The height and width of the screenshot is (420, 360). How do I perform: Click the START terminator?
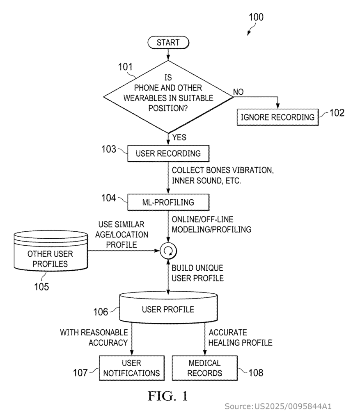click(x=168, y=43)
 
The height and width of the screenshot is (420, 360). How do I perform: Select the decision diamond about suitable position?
click(x=168, y=97)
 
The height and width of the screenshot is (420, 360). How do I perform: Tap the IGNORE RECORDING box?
click(x=277, y=117)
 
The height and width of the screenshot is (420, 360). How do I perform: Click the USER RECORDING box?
click(x=168, y=153)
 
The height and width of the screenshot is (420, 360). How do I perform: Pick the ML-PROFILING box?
click(x=168, y=202)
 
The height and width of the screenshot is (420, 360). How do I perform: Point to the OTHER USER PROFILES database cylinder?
click(x=50, y=251)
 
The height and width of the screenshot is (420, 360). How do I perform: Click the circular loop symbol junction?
click(x=168, y=251)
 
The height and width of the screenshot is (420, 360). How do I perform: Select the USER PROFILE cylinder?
click(x=168, y=308)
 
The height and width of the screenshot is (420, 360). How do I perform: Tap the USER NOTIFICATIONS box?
click(x=132, y=368)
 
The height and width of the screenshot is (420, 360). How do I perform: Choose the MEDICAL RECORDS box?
click(x=204, y=368)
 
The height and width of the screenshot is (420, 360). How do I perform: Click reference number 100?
click(x=256, y=17)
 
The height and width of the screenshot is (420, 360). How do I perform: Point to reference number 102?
click(x=337, y=113)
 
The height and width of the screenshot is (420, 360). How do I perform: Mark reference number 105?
click(x=41, y=287)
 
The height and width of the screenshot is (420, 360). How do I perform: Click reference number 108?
click(x=256, y=372)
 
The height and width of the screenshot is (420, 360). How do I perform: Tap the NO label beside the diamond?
click(x=238, y=92)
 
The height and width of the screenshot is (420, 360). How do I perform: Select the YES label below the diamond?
click(x=179, y=137)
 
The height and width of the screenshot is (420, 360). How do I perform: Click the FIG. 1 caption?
click(x=168, y=396)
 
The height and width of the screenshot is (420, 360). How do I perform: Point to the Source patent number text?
click(x=278, y=406)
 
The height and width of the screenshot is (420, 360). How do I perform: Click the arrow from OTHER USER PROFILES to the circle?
click(x=124, y=251)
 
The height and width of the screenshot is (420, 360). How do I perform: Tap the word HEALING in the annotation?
click(x=223, y=342)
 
